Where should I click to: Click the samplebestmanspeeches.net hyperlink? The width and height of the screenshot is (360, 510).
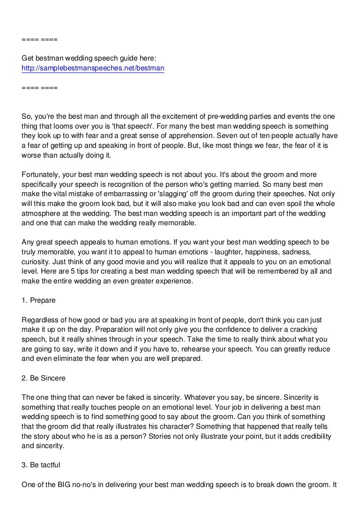93,69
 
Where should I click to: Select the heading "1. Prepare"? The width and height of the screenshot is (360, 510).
41,297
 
